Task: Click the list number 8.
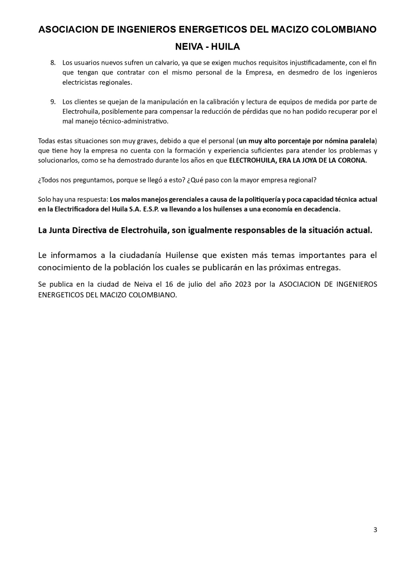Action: pos(53,63)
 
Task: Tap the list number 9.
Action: pos(53,102)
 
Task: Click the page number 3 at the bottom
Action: pos(375,530)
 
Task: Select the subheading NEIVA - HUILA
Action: pos(208,47)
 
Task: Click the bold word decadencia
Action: pos(322,209)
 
